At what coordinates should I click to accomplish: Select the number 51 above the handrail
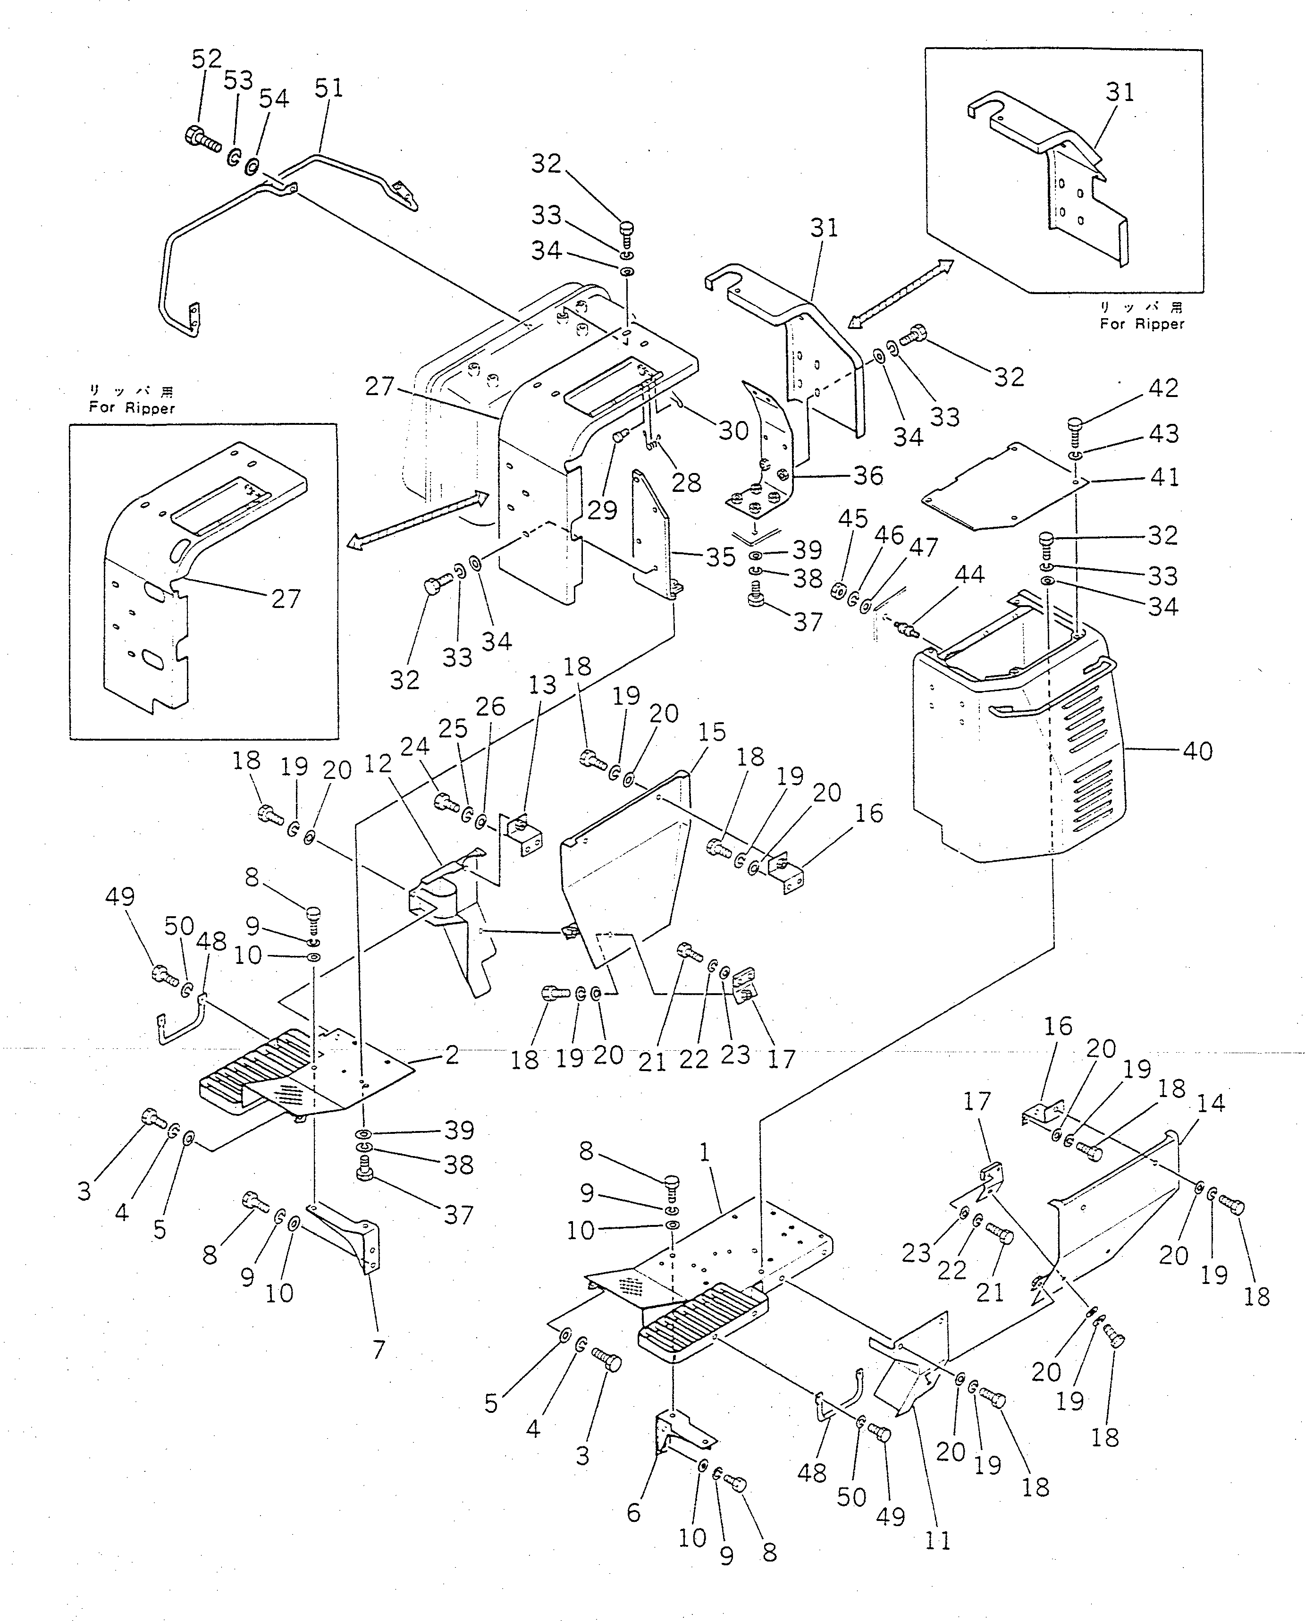coord(328,89)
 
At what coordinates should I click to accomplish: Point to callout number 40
coord(1197,751)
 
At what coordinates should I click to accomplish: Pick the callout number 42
coord(1163,388)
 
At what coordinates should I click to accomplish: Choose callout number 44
coord(969,575)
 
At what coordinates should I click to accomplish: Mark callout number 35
coord(720,557)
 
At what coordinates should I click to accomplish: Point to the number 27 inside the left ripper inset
coord(286,599)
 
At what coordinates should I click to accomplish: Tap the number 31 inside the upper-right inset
coord(1120,93)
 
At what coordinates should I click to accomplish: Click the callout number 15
coord(711,732)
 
